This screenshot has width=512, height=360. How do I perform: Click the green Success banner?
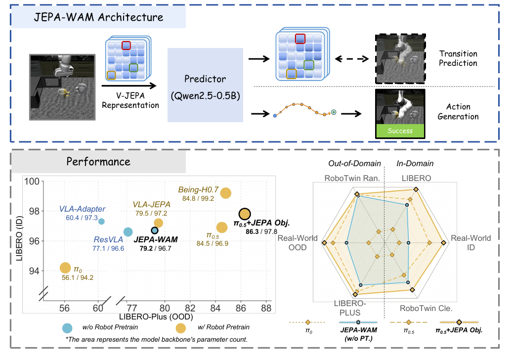pyautogui.click(x=400, y=131)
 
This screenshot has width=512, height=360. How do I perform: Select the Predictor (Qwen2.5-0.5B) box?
pyautogui.click(x=205, y=85)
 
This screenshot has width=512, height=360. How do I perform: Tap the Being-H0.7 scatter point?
pyautogui.click(x=226, y=193)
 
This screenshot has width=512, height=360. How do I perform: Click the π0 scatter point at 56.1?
pyautogui.click(x=65, y=268)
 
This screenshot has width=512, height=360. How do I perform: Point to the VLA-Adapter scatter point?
pyautogui.click(x=101, y=222)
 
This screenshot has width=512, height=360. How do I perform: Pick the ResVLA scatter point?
pyautogui.click(x=128, y=232)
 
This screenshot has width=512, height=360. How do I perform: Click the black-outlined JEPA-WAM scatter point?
pyautogui.click(x=155, y=230)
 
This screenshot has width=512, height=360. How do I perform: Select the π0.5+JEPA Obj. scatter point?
pyautogui.click(x=245, y=214)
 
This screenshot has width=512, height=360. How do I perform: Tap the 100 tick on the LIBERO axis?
pyautogui.click(x=32, y=181)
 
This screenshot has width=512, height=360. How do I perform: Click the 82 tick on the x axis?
pyautogui.click(x=190, y=308)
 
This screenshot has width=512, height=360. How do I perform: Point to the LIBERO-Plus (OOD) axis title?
pyautogui.click(x=156, y=316)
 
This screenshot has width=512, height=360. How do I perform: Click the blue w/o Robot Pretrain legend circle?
pyautogui.click(x=67, y=328)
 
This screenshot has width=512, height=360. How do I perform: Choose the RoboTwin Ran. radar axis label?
pyautogui.click(x=352, y=178)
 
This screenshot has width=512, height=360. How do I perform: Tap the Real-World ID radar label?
pyautogui.click(x=471, y=242)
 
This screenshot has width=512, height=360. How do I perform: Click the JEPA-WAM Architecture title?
pyautogui.click(x=99, y=17)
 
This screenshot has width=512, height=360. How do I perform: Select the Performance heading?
pyautogui.click(x=98, y=161)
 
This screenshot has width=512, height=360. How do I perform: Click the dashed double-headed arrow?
pyautogui.click(x=352, y=59)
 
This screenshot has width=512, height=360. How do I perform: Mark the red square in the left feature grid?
pyautogui.click(x=126, y=45)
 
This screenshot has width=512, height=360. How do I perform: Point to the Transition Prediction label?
pyautogui.click(x=458, y=58)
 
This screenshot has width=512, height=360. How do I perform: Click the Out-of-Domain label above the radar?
pyautogui.click(x=355, y=163)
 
